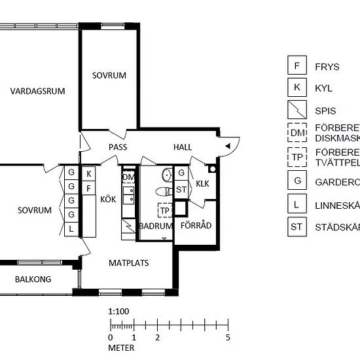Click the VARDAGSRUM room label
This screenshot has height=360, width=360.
point(38,92)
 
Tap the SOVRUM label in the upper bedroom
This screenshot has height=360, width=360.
point(109,75)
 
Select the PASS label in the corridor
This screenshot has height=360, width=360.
point(118,147)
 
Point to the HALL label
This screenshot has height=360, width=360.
point(183,147)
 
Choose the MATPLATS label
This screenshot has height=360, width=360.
point(128,263)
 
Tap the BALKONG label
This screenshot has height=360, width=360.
point(34,280)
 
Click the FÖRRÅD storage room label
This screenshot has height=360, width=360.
point(194,226)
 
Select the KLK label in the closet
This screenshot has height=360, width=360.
point(202,184)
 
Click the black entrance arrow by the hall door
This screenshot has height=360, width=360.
point(226,145)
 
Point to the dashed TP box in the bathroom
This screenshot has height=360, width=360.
point(165,210)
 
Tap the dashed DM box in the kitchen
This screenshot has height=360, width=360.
point(128,177)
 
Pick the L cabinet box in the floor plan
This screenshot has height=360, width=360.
point(71,228)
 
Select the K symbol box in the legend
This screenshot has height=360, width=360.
point(297,86)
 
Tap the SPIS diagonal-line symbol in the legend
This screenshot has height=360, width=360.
point(297,109)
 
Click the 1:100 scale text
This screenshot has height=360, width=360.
point(118,312)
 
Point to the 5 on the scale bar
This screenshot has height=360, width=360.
point(228,338)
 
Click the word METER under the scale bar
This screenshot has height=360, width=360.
point(122,348)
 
